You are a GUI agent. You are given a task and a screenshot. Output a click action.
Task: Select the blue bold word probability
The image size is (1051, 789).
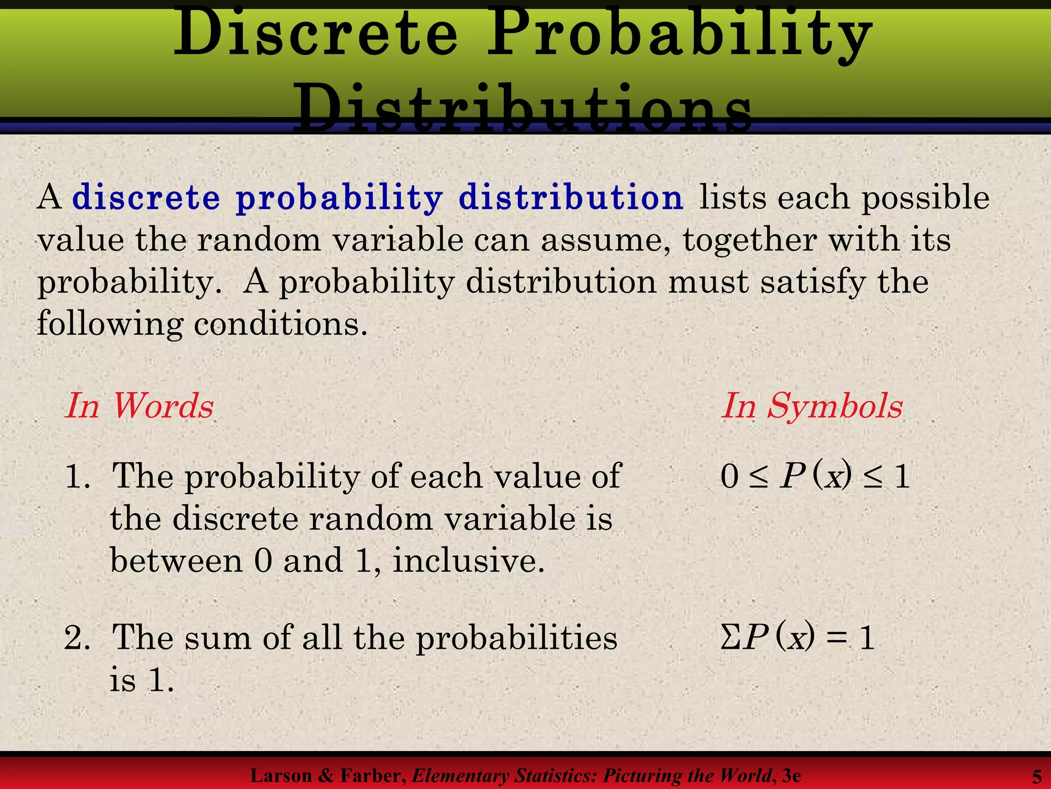coord(339,198)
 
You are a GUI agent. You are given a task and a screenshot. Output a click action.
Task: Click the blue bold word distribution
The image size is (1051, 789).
coord(571,197)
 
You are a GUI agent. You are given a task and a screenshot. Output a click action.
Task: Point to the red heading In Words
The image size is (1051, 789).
coord(139,406)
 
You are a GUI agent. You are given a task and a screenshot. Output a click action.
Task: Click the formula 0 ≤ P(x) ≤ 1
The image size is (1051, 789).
coord(814,476)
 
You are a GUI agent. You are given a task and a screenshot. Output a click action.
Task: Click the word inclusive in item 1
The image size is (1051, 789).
coord(468,560)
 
